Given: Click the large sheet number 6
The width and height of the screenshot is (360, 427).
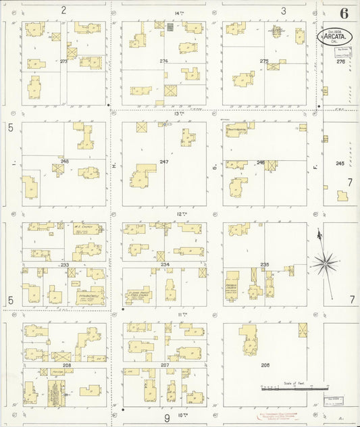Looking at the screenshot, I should click(344, 13).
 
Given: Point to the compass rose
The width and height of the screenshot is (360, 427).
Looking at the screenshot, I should click(326, 262).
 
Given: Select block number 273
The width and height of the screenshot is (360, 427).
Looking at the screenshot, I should click(63, 61).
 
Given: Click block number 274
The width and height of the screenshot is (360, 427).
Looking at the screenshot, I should click(163, 61).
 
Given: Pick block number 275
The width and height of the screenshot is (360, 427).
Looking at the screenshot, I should click(264, 61).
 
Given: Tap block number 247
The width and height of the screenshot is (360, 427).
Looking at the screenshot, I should click(163, 162).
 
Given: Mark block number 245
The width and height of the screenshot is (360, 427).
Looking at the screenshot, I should click(340, 163).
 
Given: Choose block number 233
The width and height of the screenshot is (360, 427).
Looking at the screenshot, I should click(65, 265).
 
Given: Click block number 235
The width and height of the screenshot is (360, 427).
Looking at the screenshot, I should click(264, 264).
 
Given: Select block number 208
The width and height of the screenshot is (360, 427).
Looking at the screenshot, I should click(66, 365).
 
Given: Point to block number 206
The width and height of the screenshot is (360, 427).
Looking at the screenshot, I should click(264, 365).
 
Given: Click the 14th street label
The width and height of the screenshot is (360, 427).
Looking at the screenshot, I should click(179, 13).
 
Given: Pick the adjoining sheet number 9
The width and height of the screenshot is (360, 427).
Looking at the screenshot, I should click(166, 418).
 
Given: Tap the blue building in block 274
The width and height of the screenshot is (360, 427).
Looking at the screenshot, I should click(170, 27).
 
